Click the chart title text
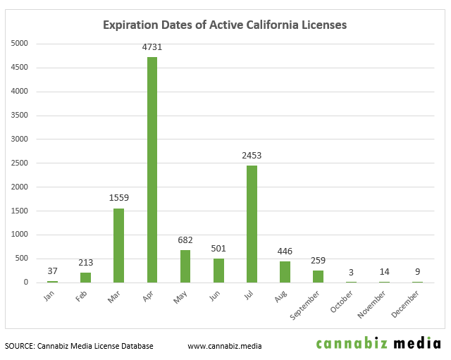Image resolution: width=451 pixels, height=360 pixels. [x=225, y=25]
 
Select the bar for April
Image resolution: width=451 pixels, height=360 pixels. [x=152, y=169]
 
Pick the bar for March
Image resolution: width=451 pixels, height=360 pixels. [x=118, y=245]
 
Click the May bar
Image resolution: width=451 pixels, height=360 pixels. [x=185, y=266]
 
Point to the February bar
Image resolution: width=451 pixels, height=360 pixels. [x=85, y=277]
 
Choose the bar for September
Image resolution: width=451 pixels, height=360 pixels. [x=318, y=276]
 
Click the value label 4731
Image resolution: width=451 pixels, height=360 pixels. [x=152, y=47]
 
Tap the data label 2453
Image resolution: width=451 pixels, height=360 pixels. [x=252, y=156]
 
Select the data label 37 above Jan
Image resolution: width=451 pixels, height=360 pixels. [x=52, y=271]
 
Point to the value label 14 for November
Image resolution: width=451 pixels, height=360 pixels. [x=384, y=271]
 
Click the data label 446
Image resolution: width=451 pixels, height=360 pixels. [x=285, y=252]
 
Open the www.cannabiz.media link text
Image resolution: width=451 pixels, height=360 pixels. [x=225, y=346]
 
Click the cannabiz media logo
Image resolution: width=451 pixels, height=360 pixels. [x=378, y=344]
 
